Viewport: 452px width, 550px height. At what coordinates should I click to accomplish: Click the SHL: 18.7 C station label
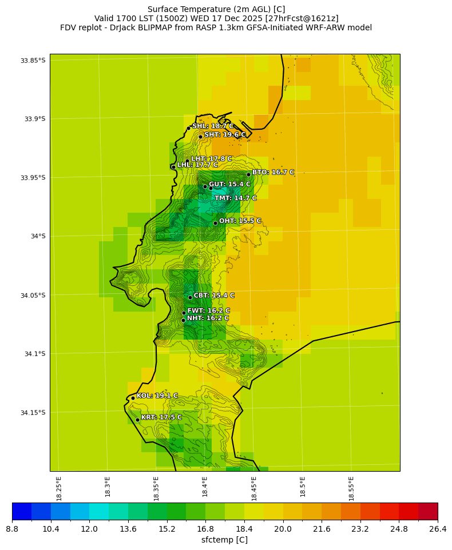click(x=213, y=126)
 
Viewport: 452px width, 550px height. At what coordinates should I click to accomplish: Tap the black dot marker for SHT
click(x=200, y=136)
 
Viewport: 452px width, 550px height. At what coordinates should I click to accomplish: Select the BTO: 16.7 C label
click(x=273, y=172)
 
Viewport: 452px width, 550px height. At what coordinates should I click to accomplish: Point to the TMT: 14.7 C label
click(x=236, y=198)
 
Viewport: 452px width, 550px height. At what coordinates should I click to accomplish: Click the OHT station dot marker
click(x=215, y=223)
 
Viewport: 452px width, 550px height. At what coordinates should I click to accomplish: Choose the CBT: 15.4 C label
click(x=214, y=296)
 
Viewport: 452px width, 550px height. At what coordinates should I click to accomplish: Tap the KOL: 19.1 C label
click(x=157, y=396)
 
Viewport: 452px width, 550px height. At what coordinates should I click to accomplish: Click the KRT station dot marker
click(x=137, y=420)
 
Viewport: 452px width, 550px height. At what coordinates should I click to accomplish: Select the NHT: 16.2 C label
click(x=208, y=318)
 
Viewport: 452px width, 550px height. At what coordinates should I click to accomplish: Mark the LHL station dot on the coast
click(x=173, y=167)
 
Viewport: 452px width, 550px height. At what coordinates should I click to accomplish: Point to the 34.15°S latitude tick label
click(x=33, y=413)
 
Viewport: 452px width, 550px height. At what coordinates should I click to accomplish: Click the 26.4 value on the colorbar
click(x=438, y=529)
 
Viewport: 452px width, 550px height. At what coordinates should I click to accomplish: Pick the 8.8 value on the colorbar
click(x=12, y=529)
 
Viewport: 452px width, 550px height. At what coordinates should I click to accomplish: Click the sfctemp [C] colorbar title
click(x=224, y=540)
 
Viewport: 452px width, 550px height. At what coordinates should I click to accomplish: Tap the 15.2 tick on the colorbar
click(x=167, y=529)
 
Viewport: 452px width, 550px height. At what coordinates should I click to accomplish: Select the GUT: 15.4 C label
click(x=229, y=185)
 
